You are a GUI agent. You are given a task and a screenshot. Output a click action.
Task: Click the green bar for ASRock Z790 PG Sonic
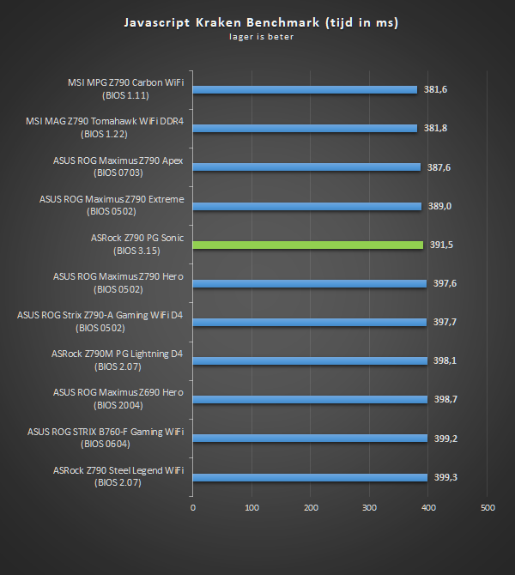[308, 245]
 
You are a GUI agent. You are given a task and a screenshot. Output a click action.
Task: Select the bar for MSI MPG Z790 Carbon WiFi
[305, 89]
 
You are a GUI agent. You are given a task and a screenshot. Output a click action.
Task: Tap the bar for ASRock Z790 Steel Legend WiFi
[310, 477]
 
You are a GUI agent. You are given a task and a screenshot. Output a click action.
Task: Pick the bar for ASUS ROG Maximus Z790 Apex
[306, 167]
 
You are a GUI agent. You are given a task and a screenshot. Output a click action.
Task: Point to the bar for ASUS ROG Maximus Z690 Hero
[310, 399]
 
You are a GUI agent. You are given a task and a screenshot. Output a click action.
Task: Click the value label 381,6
[437, 89]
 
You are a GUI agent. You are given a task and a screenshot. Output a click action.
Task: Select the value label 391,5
[442, 245]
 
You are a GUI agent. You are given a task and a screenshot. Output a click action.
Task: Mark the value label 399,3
[445, 477]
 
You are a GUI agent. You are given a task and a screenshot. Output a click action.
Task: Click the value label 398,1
[445, 360]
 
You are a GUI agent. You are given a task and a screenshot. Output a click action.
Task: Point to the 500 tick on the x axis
[488, 509]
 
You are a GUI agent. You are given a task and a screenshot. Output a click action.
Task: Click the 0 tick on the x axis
[193, 509]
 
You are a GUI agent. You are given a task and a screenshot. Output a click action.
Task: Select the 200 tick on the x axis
[311, 509]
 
